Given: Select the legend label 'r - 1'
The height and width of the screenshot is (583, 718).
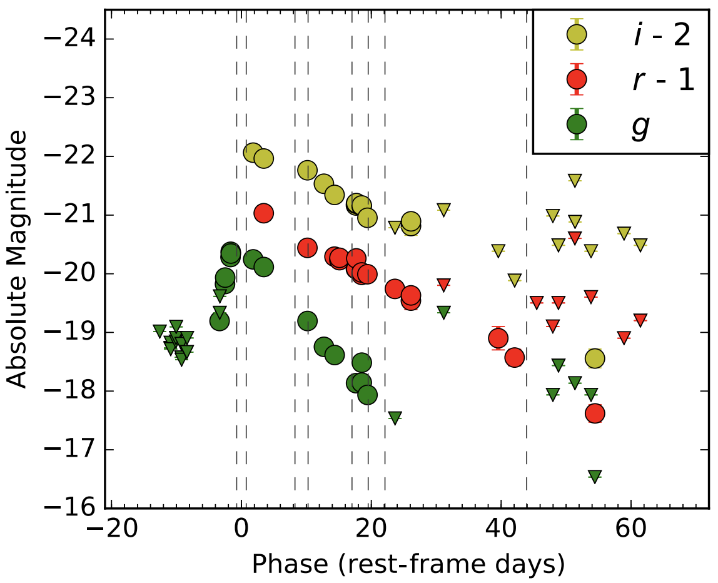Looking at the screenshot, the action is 664,80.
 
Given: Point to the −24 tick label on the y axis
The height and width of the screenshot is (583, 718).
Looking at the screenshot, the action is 69,38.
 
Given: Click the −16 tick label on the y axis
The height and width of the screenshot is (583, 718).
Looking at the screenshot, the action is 69,507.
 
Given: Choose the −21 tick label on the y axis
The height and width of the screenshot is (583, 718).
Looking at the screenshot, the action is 69,215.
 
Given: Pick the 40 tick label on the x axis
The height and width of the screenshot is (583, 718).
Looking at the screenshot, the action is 501,530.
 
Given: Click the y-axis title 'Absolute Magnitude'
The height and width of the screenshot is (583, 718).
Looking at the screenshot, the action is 17,259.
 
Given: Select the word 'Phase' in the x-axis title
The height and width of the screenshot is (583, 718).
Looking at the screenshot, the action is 290,564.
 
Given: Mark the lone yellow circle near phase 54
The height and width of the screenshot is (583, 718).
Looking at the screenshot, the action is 594,358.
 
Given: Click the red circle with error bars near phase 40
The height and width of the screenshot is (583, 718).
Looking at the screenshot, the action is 498,338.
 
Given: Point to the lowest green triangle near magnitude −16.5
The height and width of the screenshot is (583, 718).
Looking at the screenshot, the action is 594,476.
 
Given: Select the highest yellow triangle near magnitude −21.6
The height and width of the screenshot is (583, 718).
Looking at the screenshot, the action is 575,180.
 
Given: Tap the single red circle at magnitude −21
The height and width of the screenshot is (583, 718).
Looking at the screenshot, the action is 263,213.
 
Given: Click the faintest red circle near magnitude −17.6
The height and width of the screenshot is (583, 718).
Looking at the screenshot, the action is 594,413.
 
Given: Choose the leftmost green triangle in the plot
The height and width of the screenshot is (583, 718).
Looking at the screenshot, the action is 159,331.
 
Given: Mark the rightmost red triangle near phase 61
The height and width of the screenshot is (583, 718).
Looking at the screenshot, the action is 640,320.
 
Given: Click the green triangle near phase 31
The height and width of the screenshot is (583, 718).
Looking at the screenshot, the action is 443,312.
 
